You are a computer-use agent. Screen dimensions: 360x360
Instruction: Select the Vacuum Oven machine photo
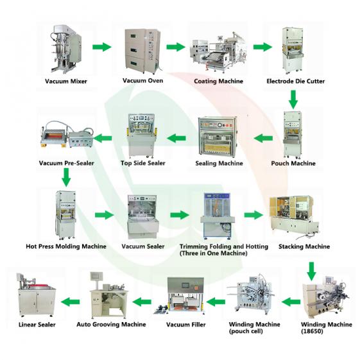coord(137,48)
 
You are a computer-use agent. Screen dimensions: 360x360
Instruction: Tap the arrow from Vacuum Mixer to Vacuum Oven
coord(100,47)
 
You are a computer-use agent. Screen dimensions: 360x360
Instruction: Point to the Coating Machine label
coord(218,81)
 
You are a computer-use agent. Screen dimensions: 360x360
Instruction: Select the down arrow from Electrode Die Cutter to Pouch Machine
coord(293,98)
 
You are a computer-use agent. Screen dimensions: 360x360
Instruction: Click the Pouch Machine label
coord(293,164)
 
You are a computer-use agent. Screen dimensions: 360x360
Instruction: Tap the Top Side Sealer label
coord(143,163)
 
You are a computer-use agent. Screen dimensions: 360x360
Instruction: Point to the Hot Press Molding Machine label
coord(66,246)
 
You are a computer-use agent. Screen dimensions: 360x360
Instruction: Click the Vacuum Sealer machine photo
coord(142,216)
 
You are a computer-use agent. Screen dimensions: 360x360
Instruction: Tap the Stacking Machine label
coord(304,246)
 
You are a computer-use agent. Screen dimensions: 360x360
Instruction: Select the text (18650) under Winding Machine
coord(313,332)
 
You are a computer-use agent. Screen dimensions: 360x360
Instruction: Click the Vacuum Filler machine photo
coord(185,296)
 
